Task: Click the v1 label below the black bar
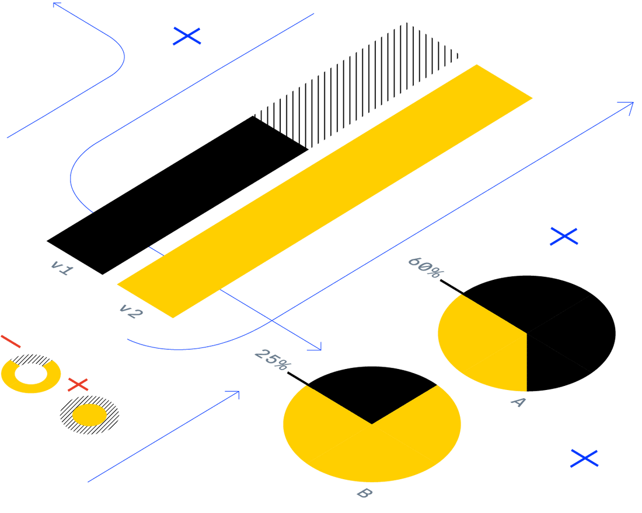[62, 268]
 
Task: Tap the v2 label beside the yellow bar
[130, 311]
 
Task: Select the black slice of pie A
[560, 326]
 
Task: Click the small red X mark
[78, 384]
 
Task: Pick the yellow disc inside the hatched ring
[89, 415]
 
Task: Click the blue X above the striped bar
[187, 36]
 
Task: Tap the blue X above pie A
[564, 236]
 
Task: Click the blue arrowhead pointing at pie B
[317, 346]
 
